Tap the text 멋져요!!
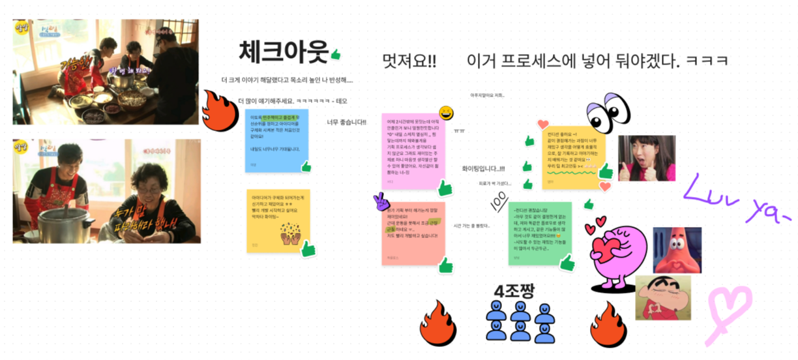[x=409, y=61]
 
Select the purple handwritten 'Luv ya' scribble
[x=733, y=198]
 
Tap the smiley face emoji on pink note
[x=447, y=112]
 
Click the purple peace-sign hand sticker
[x=381, y=202]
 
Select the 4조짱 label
[x=514, y=291]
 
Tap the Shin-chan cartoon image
[x=662, y=299]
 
